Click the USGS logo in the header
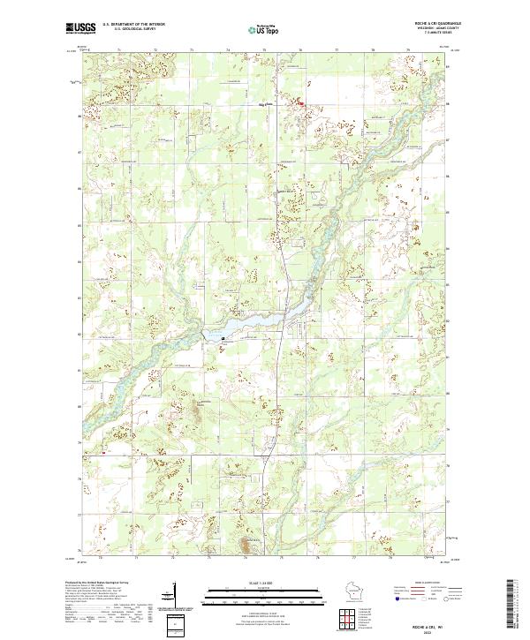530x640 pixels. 80,28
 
